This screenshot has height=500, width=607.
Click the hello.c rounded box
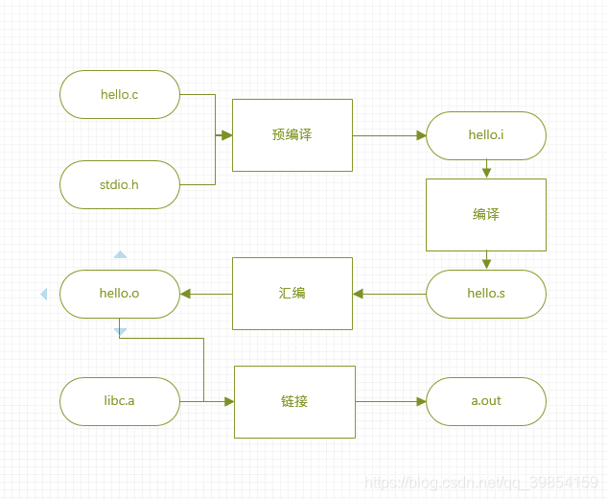[x=120, y=94]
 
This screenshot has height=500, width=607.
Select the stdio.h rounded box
[x=120, y=184]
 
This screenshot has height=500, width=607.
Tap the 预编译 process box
[x=292, y=135]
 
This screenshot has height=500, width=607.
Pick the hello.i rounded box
[x=486, y=135]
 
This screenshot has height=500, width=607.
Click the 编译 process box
[x=486, y=215]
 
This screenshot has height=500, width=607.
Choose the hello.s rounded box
[x=486, y=293]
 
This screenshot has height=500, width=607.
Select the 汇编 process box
[x=292, y=293]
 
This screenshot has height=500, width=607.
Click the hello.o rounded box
[x=120, y=293]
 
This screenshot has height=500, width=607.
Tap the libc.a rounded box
[x=120, y=401]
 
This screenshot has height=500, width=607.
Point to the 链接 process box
[x=294, y=401]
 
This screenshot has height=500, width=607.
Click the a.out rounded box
[x=486, y=401]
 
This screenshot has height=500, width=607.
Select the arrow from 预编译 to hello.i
[x=389, y=135]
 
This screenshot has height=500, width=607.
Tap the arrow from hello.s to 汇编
[x=389, y=293]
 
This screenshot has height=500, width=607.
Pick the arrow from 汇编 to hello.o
[x=206, y=293]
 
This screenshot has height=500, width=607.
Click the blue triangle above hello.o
[x=120, y=255]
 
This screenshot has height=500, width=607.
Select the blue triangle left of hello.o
[x=43, y=294]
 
